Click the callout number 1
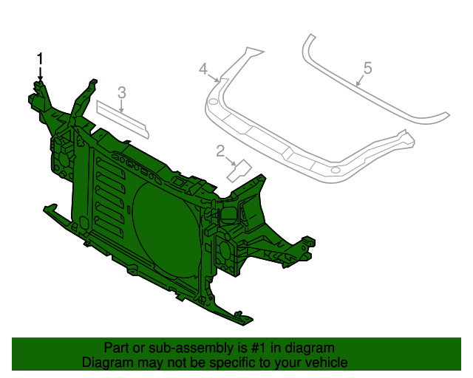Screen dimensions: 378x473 point(41,58)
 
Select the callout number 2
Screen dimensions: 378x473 point(220,151)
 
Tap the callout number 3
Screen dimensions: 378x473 point(122,92)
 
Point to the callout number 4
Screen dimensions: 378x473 point(204,69)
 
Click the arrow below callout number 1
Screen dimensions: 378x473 point(41,75)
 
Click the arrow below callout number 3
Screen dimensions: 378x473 point(122,106)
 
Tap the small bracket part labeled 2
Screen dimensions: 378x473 point(240,171)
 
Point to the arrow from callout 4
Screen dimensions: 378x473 point(214,76)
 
